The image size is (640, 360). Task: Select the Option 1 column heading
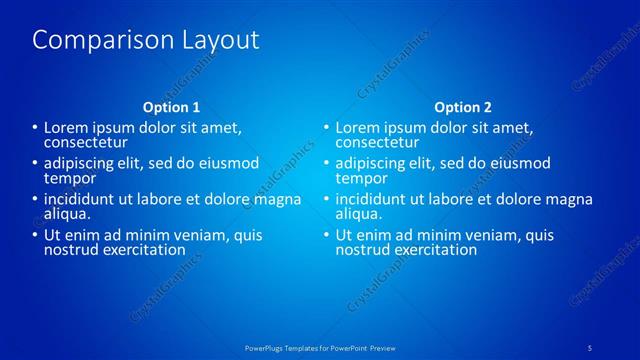(171, 107)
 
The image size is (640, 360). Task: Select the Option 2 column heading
(463, 107)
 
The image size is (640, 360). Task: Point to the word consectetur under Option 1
(84, 143)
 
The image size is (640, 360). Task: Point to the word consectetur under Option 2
(376, 143)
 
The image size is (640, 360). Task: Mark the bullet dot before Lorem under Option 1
(35, 128)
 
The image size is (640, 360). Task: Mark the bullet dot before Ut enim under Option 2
(327, 235)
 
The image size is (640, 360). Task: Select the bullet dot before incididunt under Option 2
(327, 199)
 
